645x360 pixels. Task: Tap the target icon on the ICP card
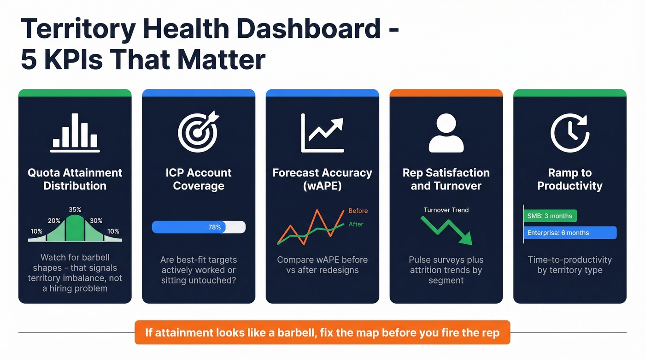pos(199,132)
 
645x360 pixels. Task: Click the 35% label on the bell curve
pos(75,209)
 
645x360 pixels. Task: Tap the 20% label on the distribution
pos(54,221)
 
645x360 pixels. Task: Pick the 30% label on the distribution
pos(96,221)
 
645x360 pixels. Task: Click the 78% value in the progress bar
pos(215,227)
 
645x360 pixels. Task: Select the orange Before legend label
pos(358,211)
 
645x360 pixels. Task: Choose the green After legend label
pos(356,224)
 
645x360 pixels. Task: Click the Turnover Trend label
pos(446,210)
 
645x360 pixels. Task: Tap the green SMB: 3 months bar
pos(551,216)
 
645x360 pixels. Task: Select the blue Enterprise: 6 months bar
pos(570,233)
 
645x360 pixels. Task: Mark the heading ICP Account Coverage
pos(199,179)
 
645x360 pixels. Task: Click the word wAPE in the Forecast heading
pos(322,186)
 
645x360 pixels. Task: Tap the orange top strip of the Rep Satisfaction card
pos(446,93)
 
